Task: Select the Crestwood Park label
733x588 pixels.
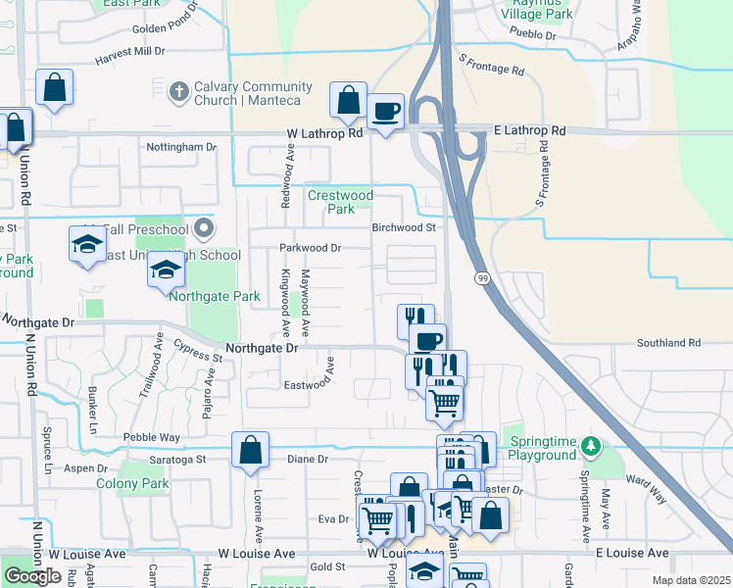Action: pyautogui.click(x=340, y=202)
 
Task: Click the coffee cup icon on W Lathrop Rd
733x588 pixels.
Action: pyautogui.click(x=386, y=111)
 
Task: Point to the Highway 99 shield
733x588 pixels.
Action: pyautogui.click(x=482, y=278)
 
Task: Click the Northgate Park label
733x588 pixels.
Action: pyautogui.click(x=215, y=296)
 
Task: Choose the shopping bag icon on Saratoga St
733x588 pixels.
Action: pyautogui.click(x=251, y=450)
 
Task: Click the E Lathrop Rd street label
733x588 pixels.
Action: pyautogui.click(x=530, y=130)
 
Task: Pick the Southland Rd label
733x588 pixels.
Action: pyautogui.click(x=668, y=343)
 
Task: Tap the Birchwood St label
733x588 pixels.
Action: pyautogui.click(x=403, y=227)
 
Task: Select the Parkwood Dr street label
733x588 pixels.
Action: pyautogui.click(x=310, y=248)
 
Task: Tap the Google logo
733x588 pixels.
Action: pyautogui.click(x=32, y=576)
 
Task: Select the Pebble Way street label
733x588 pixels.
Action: pyautogui.click(x=151, y=437)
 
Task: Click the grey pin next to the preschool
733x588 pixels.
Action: pyautogui.click(x=203, y=229)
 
